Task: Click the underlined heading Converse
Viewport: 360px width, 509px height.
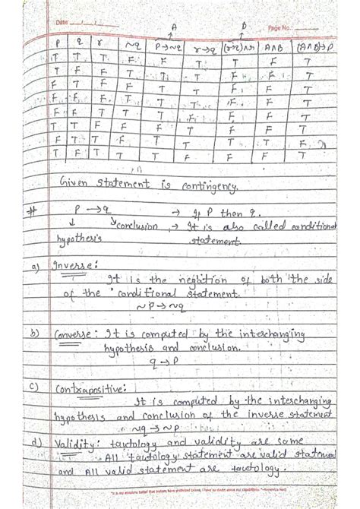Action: point(77,332)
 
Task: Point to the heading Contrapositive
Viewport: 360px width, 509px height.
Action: point(87,389)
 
